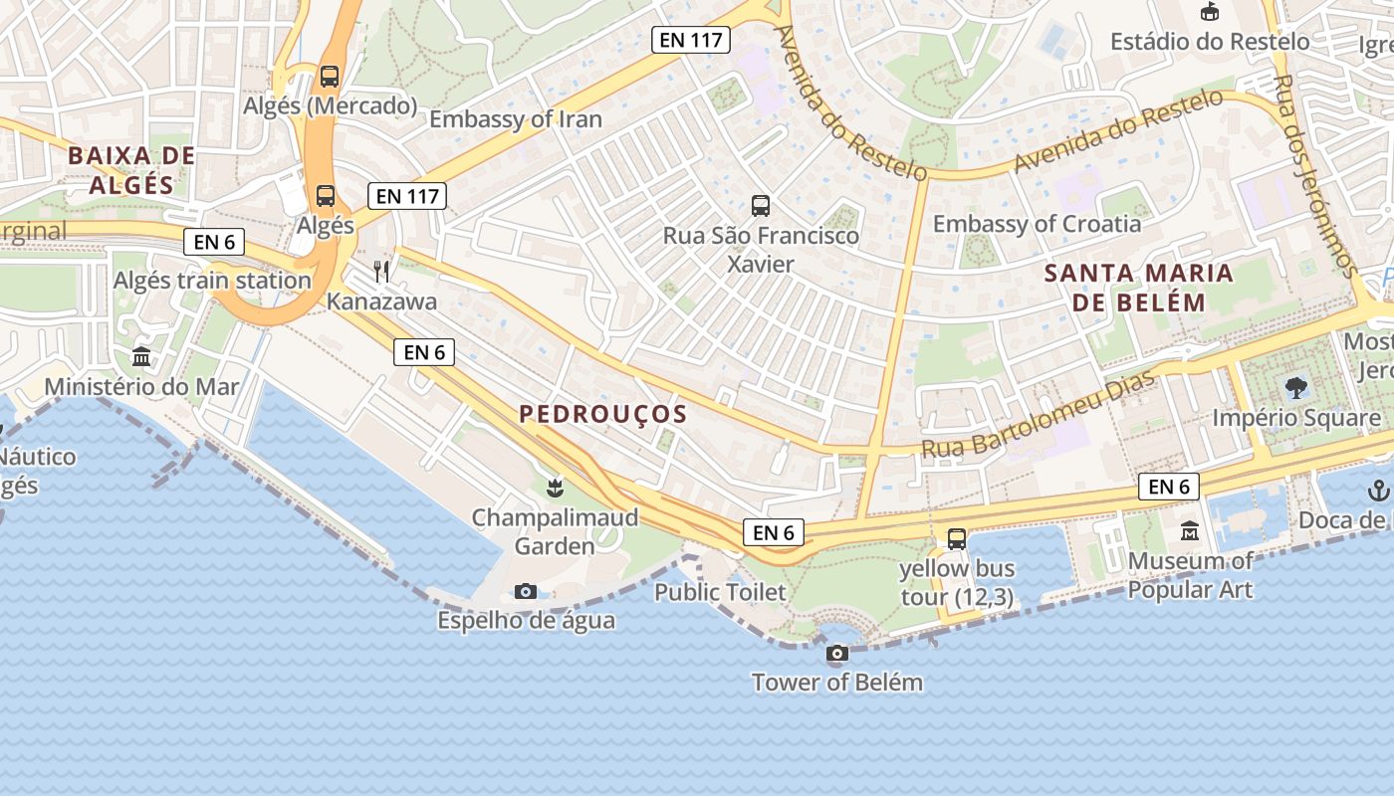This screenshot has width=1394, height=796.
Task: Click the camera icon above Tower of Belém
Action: [x=837, y=654]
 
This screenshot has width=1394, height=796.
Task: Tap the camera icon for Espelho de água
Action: [x=526, y=592]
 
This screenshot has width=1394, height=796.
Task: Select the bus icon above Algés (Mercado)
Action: [x=329, y=76]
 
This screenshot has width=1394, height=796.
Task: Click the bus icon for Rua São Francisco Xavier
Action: [x=761, y=206]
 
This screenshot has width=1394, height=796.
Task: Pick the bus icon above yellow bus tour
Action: [x=957, y=539]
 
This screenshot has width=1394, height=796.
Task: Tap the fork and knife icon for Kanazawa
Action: [x=381, y=271]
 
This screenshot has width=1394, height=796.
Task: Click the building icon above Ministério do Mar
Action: [x=141, y=356]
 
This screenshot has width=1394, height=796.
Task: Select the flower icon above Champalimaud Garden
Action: [x=555, y=488]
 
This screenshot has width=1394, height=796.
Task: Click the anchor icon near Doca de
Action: [x=1379, y=490]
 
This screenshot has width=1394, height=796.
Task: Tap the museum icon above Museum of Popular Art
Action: [x=1189, y=531]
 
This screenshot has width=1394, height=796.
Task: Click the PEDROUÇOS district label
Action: [x=603, y=414]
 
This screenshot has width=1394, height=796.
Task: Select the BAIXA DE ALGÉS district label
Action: [x=131, y=170]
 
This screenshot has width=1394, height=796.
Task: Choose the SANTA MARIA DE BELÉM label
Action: [x=1139, y=288]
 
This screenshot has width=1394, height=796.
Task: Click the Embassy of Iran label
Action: [x=516, y=119]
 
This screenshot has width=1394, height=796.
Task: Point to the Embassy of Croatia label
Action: [x=1037, y=224]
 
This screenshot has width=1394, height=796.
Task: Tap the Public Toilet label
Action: [x=720, y=592]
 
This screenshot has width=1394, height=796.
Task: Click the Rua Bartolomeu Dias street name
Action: [x=1038, y=417]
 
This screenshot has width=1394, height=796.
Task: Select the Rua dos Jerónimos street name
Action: [x=1315, y=175]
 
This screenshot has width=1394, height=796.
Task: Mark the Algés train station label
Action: [x=212, y=281]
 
